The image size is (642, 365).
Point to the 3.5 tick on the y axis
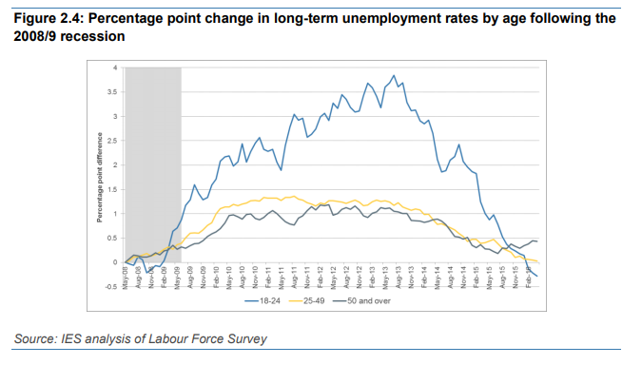pyautogui.click(x=113, y=92)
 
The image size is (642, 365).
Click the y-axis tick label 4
pyautogui.click(x=115, y=67)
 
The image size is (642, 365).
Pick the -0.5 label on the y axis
pyautogui.click(x=112, y=286)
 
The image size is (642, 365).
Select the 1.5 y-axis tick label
pyautogui.click(x=113, y=189)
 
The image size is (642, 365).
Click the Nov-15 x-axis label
pyautogui.click(x=515, y=279)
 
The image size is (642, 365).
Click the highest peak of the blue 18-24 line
pyautogui.click(x=393, y=76)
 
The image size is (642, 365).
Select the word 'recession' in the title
pyautogui.click(x=94, y=36)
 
